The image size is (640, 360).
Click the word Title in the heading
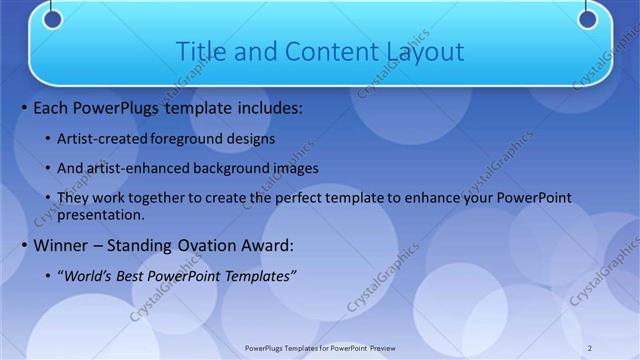point(200,51)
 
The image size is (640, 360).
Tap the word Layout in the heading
point(424,51)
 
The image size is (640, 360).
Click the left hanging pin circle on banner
point(53,18)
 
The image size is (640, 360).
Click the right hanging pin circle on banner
point(587,18)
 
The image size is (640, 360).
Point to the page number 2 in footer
point(590,347)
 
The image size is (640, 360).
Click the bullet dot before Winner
point(24,245)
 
